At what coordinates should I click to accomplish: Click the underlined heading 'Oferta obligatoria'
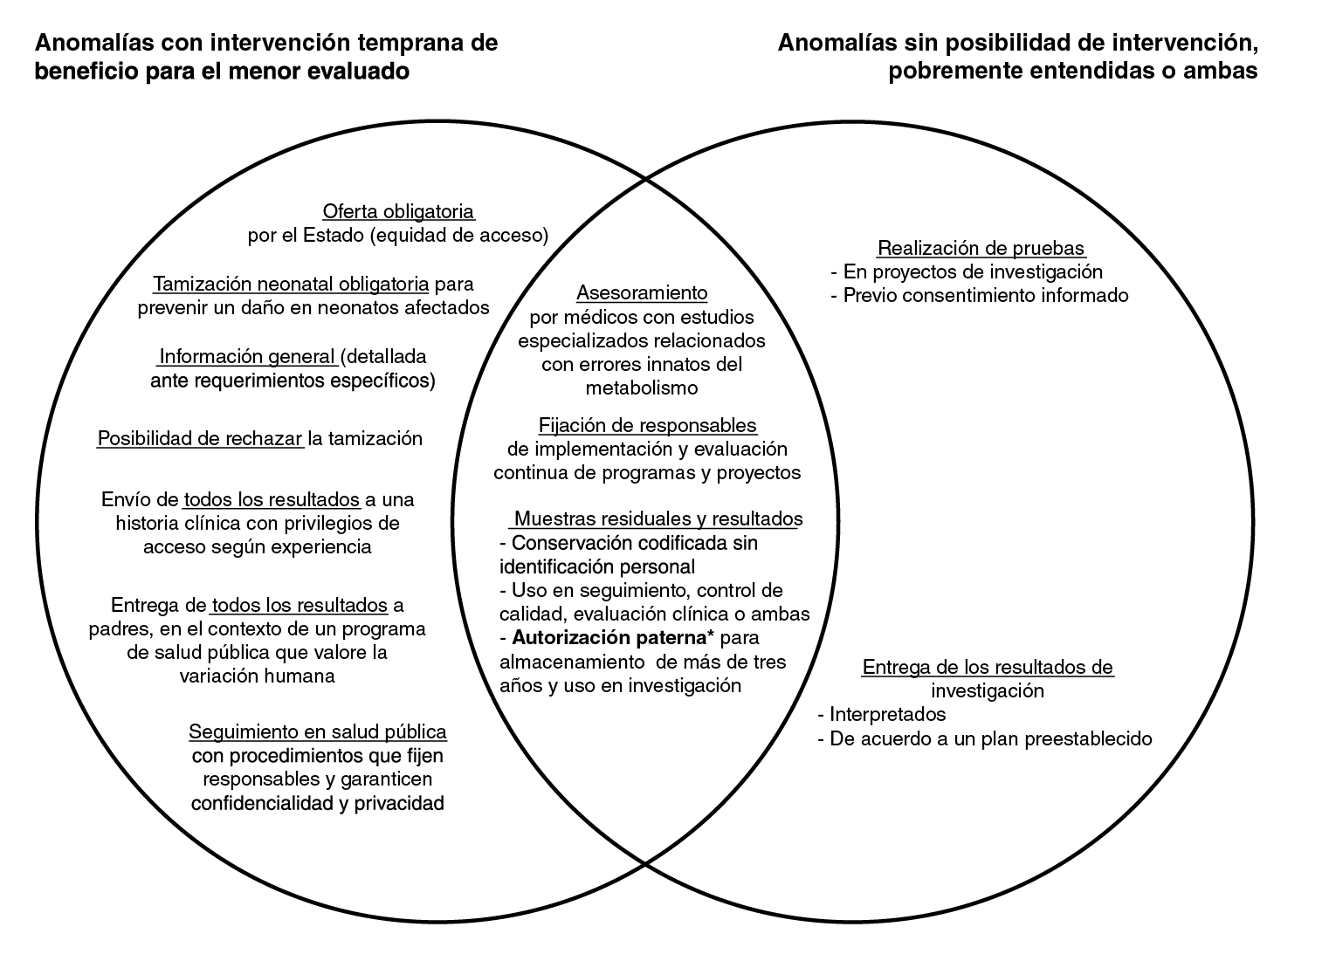pyautogui.click(x=398, y=211)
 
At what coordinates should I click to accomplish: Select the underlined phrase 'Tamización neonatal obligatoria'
pyautogui.click(x=291, y=284)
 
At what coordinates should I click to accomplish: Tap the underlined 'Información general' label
pyautogui.click(x=248, y=357)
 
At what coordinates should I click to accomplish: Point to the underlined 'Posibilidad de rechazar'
pyautogui.click(x=200, y=438)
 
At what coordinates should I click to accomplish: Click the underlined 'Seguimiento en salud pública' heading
pyautogui.click(x=318, y=731)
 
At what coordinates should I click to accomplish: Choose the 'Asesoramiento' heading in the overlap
pyautogui.click(x=642, y=292)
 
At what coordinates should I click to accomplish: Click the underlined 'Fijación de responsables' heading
pyautogui.click(x=647, y=425)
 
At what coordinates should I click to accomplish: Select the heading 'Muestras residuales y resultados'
pyautogui.click(x=658, y=519)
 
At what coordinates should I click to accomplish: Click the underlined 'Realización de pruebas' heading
pyautogui.click(x=981, y=248)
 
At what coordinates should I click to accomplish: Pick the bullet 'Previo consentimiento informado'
pyautogui.click(x=985, y=295)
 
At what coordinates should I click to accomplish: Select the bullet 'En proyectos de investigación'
pyautogui.click(x=972, y=271)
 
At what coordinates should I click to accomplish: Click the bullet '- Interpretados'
pyautogui.click(x=882, y=714)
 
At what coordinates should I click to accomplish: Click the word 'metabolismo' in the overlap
pyautogui.click(x=641, y=388)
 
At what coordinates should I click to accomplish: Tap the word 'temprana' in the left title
pyautogui.click(x=403, y=43)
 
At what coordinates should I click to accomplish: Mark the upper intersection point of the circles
pyautogui.click(x=645, y=178)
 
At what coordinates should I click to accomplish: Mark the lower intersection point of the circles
pyautogui.click(x=645, y=863)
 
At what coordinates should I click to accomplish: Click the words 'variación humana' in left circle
pyautogui.click(x=257, y=676)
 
